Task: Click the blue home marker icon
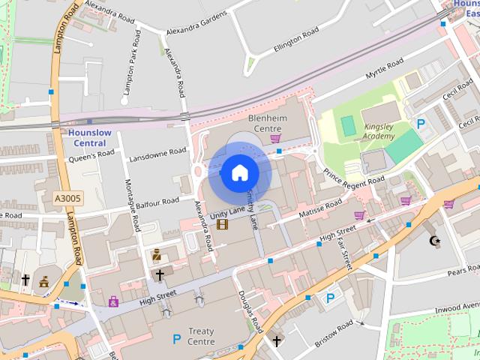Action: pos(239,172)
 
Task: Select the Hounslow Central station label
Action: pos(89,138)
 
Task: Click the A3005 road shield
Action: pos(68,199)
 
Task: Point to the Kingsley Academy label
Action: pos(379,131)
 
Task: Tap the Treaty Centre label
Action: pos(202,336)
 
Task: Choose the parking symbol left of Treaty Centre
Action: pos(177,339)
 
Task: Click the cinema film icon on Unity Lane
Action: pos(222,223)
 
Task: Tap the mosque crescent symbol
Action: pos(433,241)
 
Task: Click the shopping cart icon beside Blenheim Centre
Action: pos(275,138)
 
